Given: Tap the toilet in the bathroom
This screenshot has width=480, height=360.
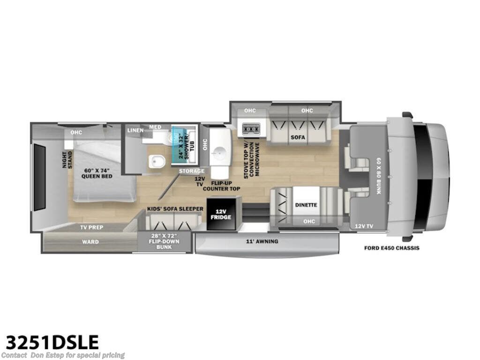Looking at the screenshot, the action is tap(157, 161).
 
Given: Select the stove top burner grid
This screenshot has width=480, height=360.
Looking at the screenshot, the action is tap(251, 129).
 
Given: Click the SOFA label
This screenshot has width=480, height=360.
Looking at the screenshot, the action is tap(298, 137).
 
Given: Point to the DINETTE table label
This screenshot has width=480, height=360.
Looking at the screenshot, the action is tap(306, 205).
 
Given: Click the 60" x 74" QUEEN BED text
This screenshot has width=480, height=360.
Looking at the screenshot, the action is tap(97, 173).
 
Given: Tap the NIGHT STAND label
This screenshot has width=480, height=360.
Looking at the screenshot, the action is tap(67, 160).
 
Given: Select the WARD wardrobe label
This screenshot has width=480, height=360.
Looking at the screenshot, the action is tap(90, 242).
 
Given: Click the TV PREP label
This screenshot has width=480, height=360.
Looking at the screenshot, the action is tap(91, 227).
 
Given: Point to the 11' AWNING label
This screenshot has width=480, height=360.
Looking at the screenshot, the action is tap(262, 241).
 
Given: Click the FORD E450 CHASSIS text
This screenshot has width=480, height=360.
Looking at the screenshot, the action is tap(391, 248).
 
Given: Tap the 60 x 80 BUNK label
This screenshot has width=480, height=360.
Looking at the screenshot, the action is tap(379, 176).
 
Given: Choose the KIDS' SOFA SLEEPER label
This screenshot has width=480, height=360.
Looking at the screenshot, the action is tap(175, 209).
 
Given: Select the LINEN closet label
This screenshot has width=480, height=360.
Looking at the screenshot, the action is tap(135, 130).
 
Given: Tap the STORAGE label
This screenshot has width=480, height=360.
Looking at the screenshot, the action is tap(192, 171).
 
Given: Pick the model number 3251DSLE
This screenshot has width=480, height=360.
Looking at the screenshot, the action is tap(52, 342).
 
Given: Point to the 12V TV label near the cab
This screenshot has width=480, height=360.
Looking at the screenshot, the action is tap(364, 226).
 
